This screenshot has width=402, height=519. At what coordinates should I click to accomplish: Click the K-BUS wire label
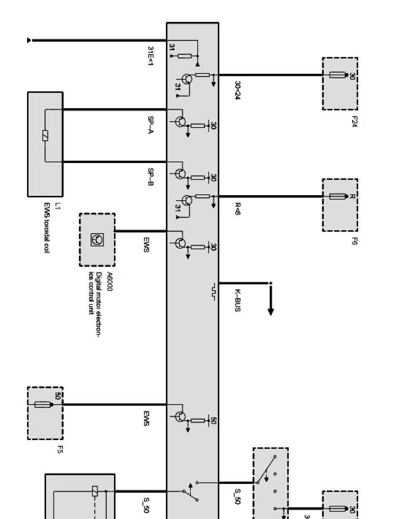(x=237, y=300)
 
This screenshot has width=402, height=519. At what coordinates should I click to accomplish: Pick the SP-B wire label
(x=151, y=177)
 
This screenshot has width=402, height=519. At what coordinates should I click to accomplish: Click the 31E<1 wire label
(x=151, y=56)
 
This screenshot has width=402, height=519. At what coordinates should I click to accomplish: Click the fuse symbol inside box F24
(x=338, y=75)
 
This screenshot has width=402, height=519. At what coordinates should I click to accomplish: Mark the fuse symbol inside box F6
(x=338, y=196)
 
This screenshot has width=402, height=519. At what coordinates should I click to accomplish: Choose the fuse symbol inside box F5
(x=43, y=405)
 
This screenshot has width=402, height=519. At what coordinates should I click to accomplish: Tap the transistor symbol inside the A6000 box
(x=97, y=239)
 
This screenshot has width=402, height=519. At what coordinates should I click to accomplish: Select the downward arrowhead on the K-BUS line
(x=271, y=311)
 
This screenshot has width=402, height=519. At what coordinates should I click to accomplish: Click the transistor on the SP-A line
(x=181, y=122)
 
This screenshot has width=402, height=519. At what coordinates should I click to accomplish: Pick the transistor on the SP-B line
(x=181, y=174)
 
